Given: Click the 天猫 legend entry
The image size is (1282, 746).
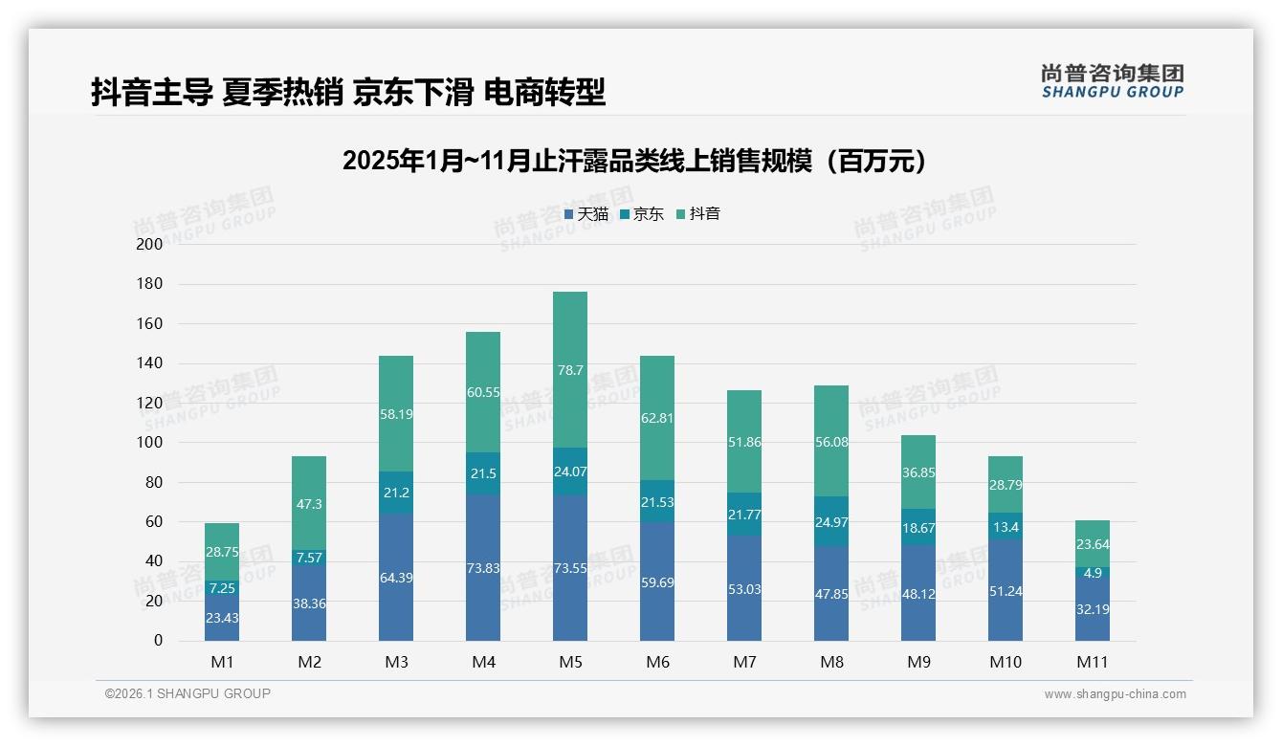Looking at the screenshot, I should pos(586,214).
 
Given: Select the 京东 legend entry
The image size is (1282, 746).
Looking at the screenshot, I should pos(642,214).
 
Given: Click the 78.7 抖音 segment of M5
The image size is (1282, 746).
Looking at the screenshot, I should pos(570,369).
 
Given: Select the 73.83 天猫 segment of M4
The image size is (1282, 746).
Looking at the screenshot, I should pos(483,567).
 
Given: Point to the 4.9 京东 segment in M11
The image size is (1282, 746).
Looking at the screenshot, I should pos(1093,573).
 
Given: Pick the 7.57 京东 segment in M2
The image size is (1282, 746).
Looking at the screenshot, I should pos(309,557).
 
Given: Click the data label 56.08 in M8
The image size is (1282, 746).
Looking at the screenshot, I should pos(831,442).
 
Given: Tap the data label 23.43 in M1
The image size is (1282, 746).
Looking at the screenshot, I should pos(222,618).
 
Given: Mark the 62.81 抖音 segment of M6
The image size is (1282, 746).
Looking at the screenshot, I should pos(657,418).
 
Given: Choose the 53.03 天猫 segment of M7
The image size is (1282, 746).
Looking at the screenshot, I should pos(744,588).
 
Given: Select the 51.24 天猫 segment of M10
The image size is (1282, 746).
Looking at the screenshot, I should pos(1006,590).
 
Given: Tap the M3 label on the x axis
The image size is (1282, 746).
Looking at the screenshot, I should pos(396,662).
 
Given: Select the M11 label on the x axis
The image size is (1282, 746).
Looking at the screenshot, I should pos(1093,662).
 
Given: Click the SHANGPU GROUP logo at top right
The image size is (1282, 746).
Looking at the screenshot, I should pos(1112,81).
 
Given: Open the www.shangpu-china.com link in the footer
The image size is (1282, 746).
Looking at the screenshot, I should pos(1115,694).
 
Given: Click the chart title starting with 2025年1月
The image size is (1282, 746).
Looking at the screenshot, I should pos(634,161).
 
